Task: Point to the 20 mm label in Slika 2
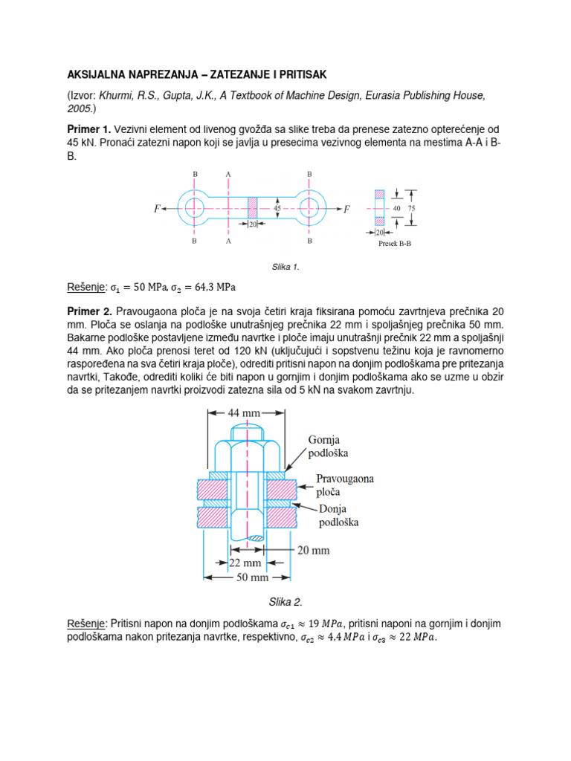pos(312,551)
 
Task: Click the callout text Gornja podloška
pos(329,446)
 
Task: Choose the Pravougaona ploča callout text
pos(345,486)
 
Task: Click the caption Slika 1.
pos(285,267)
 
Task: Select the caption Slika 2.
pos(285,601)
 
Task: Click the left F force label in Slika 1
pos(158,210)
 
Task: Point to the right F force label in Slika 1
pos(346,210)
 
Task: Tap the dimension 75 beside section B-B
pos(412,209)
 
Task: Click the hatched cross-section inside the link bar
pos(251,209)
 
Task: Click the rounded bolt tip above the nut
pos(245,430)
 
